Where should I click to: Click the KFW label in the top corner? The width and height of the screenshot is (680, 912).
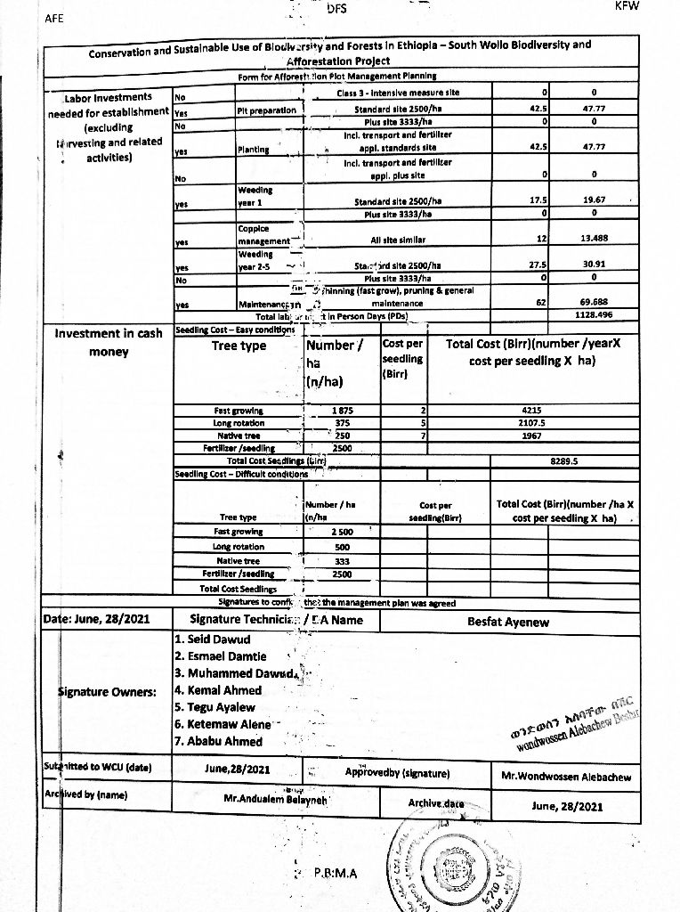point(628,6)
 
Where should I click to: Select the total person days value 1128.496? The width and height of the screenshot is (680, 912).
point(593,315)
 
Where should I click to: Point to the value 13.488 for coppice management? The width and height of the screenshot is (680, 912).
point(593,239)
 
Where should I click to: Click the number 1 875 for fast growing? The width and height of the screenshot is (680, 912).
point(342,411)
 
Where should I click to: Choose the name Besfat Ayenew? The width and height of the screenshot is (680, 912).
point(508,622)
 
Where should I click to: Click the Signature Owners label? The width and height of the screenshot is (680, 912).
point(107,691)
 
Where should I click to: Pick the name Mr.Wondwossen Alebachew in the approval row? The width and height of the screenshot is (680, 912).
point(566,777)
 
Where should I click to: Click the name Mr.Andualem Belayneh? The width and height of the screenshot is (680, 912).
point(277,799)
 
